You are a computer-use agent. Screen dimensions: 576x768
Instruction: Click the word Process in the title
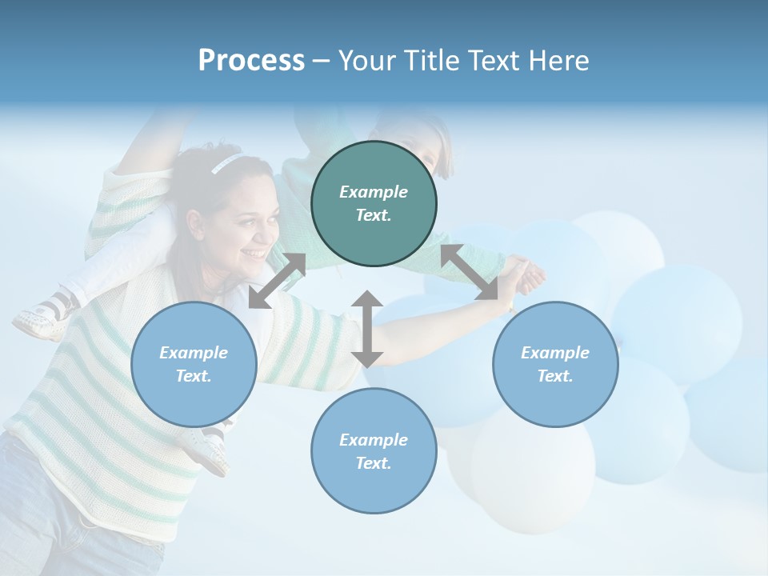click(251, 61)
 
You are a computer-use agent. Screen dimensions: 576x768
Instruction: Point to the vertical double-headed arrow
click(366, 329)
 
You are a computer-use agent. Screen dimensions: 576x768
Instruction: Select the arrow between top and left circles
click(277, 281)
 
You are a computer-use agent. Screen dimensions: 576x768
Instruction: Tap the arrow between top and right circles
click(470, 273)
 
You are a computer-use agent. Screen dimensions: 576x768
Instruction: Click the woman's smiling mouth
click(256, 254)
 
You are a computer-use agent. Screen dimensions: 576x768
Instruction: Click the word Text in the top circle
click(373, 215)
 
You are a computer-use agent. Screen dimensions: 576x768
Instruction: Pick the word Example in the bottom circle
click(374, 439)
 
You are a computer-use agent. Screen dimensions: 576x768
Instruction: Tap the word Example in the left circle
click(194, 352)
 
